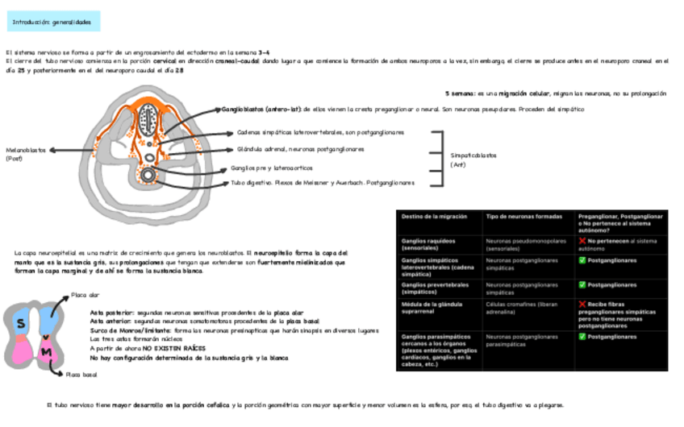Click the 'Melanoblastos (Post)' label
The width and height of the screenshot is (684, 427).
[26, 154]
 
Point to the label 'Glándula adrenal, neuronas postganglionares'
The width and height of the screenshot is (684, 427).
[300, 149]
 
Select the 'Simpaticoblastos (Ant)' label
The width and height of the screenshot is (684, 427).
[473, 160]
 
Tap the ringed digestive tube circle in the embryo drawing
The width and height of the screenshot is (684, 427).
[149, 175]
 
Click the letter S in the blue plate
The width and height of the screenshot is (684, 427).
[21, 322]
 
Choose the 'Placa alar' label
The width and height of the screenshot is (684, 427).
[85, 295]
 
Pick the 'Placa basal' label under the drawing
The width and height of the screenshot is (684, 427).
[81, 375]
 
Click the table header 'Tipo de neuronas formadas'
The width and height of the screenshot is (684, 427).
[520, 218]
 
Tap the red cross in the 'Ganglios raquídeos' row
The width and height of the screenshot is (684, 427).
[582, 241]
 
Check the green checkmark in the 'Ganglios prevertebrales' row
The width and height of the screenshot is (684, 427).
[582, 285]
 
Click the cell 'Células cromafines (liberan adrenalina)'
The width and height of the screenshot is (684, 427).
[520, 309]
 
